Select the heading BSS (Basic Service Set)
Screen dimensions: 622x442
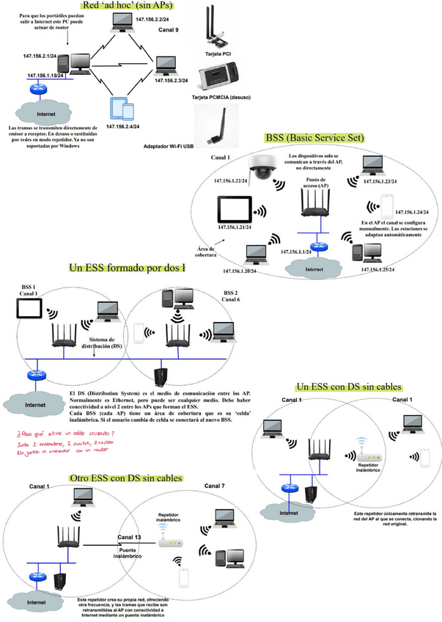314,137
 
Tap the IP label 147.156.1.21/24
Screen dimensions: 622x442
237,227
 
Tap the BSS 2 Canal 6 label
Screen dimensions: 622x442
231,296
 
